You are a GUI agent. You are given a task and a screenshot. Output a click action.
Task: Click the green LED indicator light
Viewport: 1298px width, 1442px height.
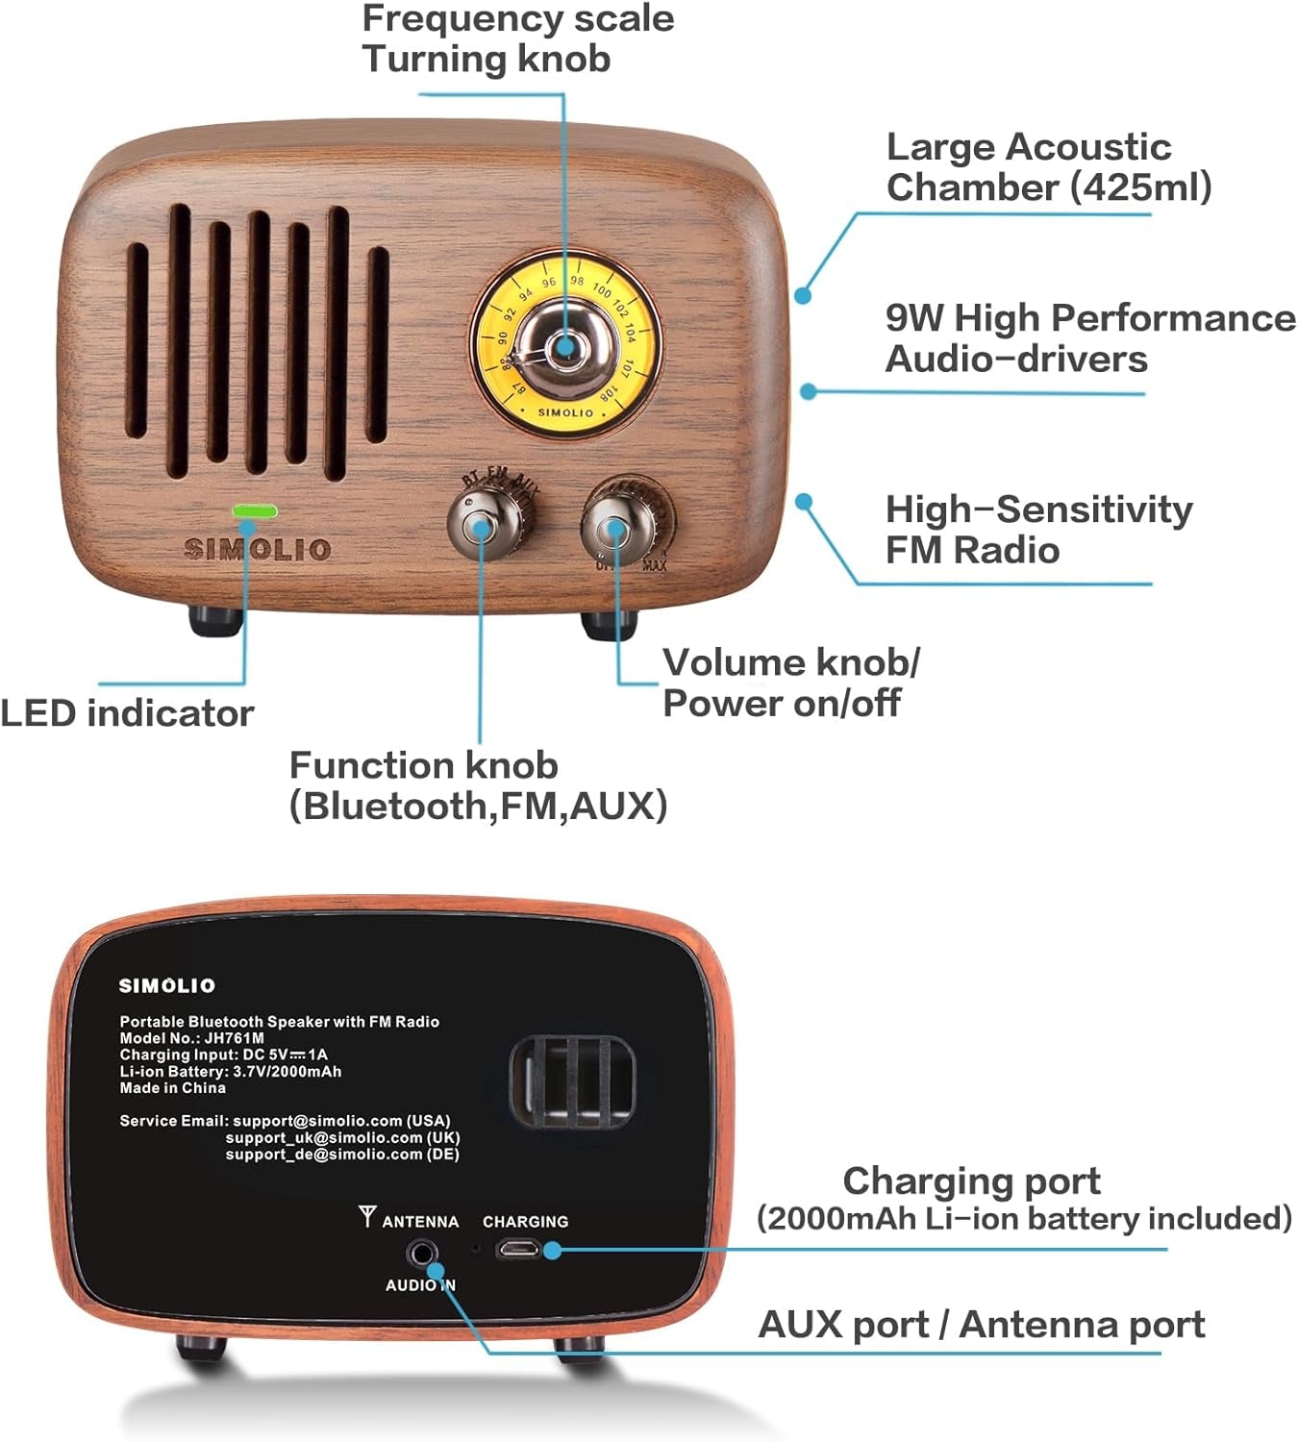(x=254, y=510)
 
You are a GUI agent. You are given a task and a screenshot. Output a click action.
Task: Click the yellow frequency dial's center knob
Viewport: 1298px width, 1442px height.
(x=564, y=346)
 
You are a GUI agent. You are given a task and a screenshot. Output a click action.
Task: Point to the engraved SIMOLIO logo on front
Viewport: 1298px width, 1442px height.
(x=258, y=550)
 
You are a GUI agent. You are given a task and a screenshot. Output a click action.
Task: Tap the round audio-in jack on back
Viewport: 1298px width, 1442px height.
(x=421, y=1254)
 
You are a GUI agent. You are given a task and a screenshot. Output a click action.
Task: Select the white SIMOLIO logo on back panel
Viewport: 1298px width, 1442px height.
(x=167, y=985)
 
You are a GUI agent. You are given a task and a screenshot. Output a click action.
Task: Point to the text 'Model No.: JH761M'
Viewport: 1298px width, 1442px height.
(x=191, y=1038)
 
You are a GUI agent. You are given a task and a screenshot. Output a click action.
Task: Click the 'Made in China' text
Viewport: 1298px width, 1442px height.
(x=172, y=1088)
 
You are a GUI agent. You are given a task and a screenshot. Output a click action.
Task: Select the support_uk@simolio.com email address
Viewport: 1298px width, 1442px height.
(x=341, y=1137)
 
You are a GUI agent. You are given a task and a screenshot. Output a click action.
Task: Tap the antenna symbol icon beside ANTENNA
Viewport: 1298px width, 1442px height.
(x=366, y=1217)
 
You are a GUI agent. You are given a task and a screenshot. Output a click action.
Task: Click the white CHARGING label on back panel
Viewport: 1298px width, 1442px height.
(x=525, y=1222)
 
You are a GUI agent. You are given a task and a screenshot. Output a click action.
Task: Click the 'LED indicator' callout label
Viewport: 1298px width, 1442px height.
(x=127, y=713)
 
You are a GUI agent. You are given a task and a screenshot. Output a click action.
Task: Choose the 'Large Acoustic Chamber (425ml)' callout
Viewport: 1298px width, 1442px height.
(x=1048, y=167)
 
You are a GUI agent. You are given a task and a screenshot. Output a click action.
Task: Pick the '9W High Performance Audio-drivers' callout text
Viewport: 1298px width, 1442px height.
(x=1089, y=338)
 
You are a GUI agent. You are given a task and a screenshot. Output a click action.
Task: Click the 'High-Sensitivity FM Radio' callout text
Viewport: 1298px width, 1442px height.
(x=1038, y=530)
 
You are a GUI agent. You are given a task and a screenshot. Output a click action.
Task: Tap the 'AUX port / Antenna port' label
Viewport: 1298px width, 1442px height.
(x=981, y=1325)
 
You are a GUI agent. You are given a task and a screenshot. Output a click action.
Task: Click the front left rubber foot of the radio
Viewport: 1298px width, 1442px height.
(x=214, y=621)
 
